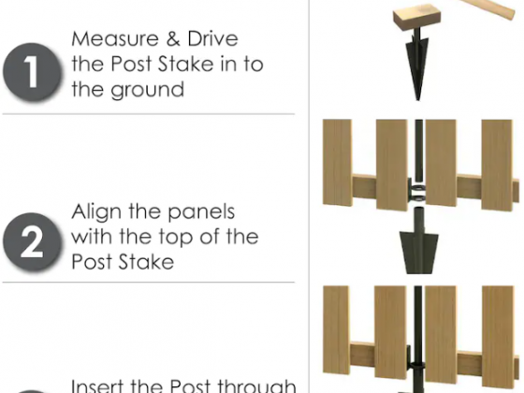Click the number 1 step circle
point(32,72)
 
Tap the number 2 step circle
point(32,241)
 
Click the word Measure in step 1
point(114,38)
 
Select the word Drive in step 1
point(213,38)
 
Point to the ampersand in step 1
point(173,38)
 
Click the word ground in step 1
point(148,90)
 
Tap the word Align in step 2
point(96,212)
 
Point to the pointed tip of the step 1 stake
point(417,99)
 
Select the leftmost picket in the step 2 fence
point(337,163)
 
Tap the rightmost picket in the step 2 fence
point(497,165)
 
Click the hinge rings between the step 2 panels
point(417,193)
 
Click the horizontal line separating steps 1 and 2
point(149,114)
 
